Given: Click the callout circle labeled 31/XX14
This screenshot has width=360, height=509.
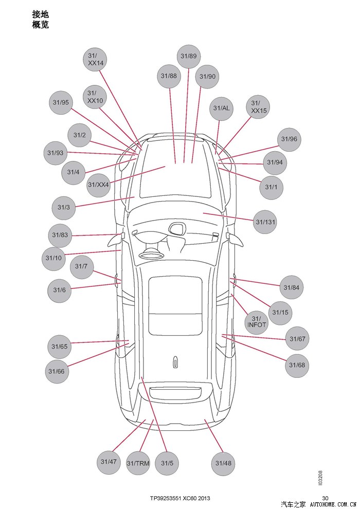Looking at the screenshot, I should (96, 59).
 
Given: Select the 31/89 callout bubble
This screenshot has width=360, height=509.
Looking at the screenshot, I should (189, 56).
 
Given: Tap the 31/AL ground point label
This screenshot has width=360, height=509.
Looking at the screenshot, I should (221, 108).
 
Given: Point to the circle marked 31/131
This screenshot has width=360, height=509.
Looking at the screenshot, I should (266, 222).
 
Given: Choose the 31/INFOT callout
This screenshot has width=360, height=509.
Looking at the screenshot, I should (257, 322).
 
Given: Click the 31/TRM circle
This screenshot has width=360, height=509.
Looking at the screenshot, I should (138, 463).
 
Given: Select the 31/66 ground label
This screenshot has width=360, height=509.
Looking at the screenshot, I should (57, 371).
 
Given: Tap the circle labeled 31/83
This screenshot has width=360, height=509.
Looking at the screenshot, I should (60, 235).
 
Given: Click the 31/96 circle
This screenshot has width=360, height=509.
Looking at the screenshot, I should (289, 139).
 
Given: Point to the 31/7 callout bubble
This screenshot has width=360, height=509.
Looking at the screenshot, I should (81, 266).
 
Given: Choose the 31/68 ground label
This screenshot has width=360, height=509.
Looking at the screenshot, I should (297, 366).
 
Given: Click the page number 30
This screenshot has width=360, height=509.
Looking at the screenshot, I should (325, 498).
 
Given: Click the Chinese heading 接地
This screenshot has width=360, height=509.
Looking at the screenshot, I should (40, 14).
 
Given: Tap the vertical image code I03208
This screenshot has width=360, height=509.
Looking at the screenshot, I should (320, 478).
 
